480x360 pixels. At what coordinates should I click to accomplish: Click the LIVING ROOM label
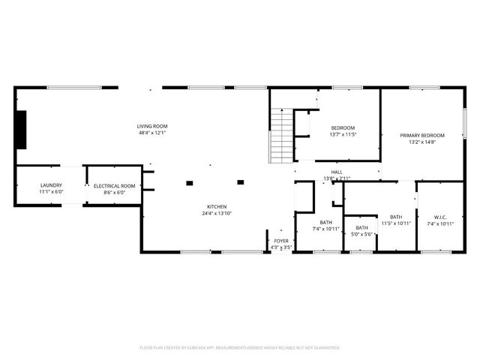click(x=151, y=126)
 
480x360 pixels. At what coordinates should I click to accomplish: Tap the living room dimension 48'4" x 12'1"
click(x=151, y=133)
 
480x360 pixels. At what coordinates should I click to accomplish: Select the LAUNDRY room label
click(x=51, y=184)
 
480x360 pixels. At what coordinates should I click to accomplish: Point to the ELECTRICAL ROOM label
click(x=114, y=185)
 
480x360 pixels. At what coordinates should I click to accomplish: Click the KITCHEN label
click(x=217, y=207)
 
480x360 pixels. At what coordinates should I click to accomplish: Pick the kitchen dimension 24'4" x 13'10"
click(x=217, y=214)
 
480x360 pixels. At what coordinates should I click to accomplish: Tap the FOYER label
click(x=280, y=241)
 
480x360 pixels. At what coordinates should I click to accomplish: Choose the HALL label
click(x=337, y=172)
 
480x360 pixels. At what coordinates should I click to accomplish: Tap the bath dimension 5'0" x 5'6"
click(x=361, y=235)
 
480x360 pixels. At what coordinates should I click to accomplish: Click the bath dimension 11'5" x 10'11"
click(x=396, y=223)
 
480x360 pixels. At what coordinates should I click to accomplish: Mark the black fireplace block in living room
click(x=21, y=130)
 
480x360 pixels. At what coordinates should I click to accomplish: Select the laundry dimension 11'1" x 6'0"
click(x=51, y=192)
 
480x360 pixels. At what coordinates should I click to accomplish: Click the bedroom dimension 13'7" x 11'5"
click(x=343, y=134)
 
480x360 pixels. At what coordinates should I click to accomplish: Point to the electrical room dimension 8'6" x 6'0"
click(x=114, y=193)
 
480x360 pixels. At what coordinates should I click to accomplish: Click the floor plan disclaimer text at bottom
click(x=240, y=348)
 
